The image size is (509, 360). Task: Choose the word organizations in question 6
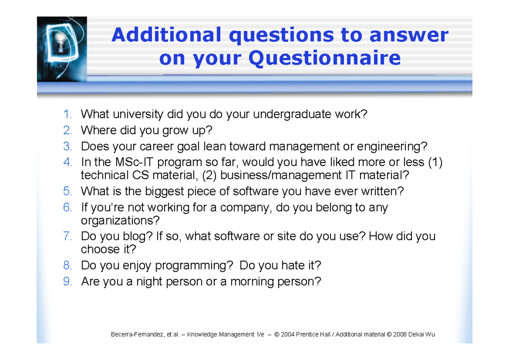tap(120, 221)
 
